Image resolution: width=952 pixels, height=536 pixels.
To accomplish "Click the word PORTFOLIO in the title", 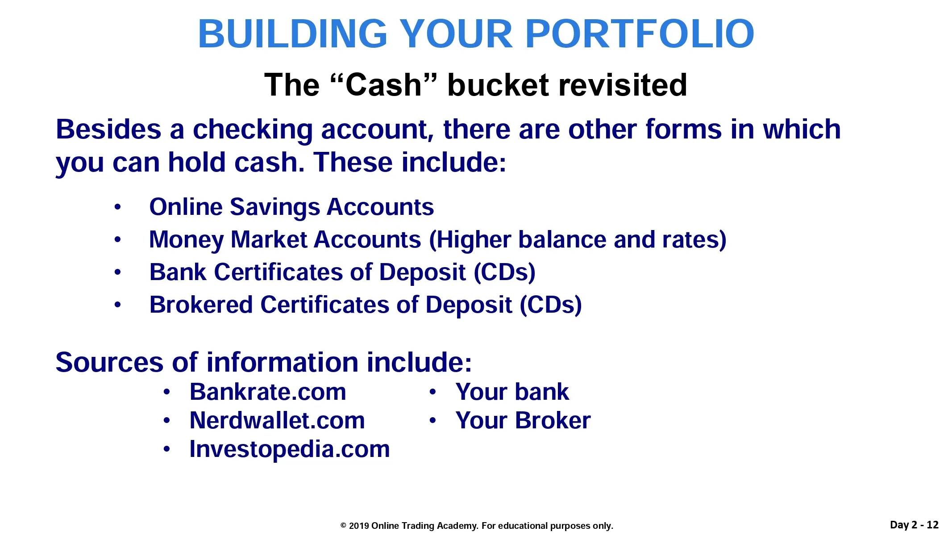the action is (640, 34).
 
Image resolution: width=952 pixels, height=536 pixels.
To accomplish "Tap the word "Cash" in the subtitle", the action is (383, 84).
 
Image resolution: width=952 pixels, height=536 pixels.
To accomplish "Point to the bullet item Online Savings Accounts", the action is (291, 207).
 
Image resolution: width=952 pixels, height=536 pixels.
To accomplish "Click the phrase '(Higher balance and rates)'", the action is (578, 240).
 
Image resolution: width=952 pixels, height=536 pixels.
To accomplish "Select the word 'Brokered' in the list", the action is (201, 305).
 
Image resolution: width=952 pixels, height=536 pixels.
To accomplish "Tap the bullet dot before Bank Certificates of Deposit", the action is (117, 272).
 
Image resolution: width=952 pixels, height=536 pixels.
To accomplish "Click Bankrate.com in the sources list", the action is (268, 392).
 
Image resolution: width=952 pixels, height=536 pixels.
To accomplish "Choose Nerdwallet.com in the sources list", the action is (277, 420).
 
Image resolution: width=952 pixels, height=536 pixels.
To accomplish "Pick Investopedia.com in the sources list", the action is (290, 449).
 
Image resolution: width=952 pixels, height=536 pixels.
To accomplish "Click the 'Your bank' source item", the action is (512, 392).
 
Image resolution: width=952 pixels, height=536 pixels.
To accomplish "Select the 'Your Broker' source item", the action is (523, 420).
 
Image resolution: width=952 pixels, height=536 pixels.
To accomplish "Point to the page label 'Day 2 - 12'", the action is (914, 525).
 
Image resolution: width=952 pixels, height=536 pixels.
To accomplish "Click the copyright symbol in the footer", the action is (343, 526).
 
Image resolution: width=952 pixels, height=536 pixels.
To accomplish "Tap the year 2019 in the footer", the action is (359, 526).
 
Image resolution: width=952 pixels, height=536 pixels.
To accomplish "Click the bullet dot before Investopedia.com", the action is (166, 449).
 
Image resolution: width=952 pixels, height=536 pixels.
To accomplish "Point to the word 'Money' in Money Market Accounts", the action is (186, 240).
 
